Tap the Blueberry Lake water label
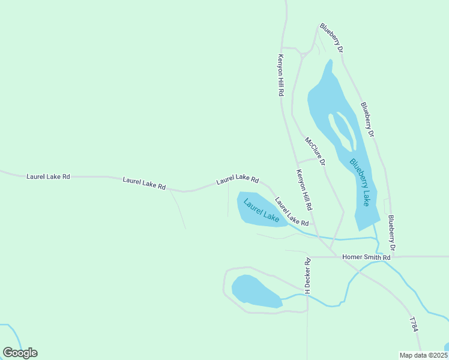tap(360, 182)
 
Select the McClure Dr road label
tap(315, 151)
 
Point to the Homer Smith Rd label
tap(366, 257)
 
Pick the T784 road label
tap(414, 325)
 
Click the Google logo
tap(20, 353)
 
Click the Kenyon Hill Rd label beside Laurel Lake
tap(304, 189)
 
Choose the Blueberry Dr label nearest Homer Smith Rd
tap(391, 233)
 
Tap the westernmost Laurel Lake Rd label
tap(48, 176)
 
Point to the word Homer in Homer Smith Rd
tap(352, 257)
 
